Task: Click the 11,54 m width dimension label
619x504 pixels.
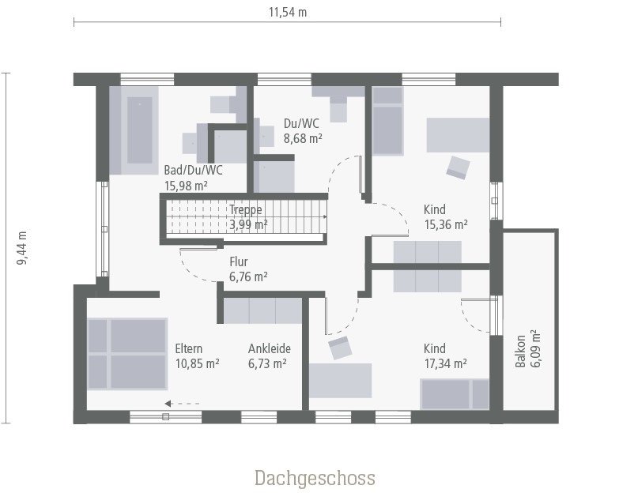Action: (x=287, y=11)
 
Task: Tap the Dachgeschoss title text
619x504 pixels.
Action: (x=315, y=478)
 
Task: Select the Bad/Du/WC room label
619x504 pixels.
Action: (x=193, y=170)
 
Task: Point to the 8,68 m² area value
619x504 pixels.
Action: (x=303, y=137)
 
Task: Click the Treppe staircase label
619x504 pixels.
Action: (x=246, y=210)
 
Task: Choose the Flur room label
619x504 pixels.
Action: (x=240, y=261)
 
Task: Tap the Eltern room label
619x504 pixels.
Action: (x=189, y=348)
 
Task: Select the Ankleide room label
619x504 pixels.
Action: (x=270, y=348)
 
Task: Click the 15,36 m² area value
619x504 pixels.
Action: (x=446, y=224)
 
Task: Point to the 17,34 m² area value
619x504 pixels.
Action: (x=445, y=363)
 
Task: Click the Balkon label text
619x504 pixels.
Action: (x=520, y=352)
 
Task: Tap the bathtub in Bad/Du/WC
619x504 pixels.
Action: (x=140, y=131)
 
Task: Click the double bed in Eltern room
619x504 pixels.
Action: (x=126, y=354)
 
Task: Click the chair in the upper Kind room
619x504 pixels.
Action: (x=458, y=167)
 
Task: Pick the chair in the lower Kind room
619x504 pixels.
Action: (x=340, y=348)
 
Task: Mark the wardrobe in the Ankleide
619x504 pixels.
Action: (x=262, y=310)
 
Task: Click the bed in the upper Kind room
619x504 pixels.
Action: (x=387, y=121)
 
